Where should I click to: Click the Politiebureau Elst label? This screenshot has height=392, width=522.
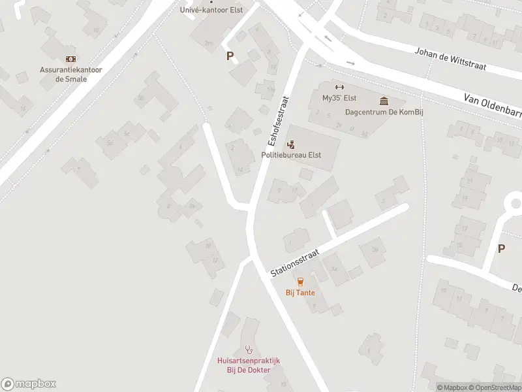pos(291,155)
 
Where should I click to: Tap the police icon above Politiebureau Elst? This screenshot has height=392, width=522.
pos(291,144)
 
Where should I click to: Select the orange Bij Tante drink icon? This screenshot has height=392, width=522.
pos(300,282)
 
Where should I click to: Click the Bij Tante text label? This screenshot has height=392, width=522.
pos(300,293)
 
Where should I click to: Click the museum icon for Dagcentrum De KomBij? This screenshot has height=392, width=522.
pos(383,101)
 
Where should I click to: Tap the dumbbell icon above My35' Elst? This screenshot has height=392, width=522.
pos(339,88)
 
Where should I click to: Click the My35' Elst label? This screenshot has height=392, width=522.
pos(338,98)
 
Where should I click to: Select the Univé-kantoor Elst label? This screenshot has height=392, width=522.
pos(211,10)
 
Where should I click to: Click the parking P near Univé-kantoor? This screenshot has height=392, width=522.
pos(230,56)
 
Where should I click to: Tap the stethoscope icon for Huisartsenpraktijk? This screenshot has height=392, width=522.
pos(248,350)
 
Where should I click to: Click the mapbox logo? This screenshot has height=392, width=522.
pos(29,384)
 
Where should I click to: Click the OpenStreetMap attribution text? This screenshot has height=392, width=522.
pos(495,387)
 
